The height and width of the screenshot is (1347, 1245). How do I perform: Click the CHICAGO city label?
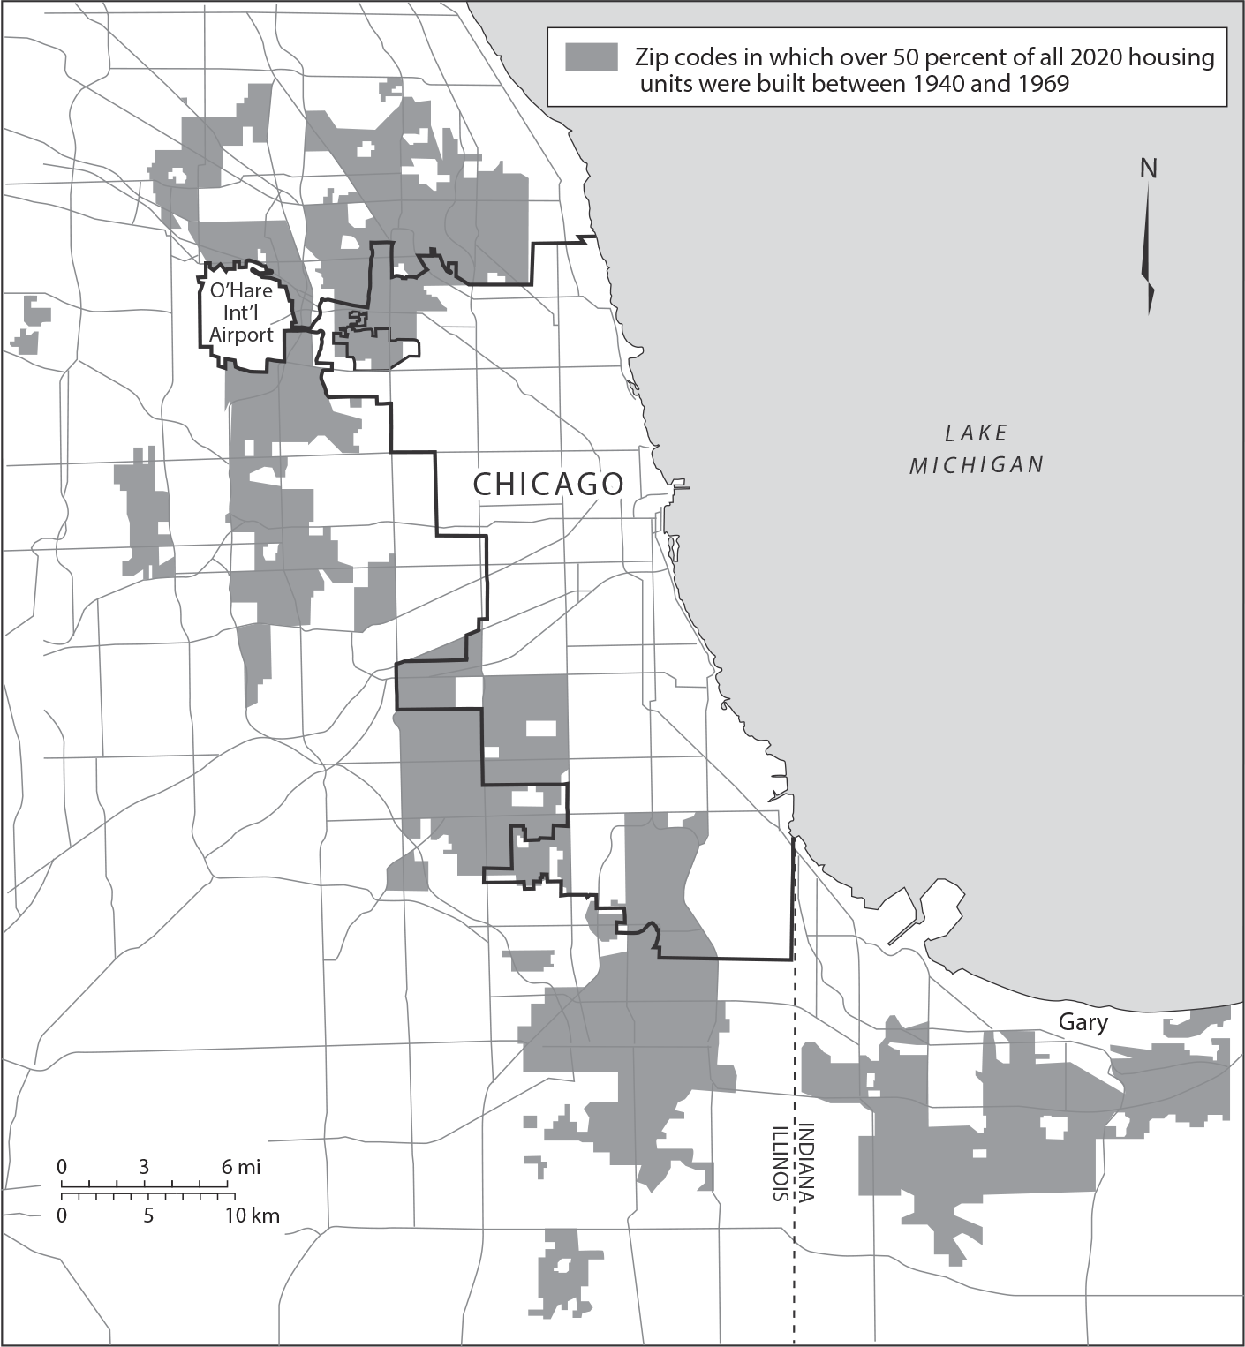point(548,484)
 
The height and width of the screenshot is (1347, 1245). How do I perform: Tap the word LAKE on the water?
point(976,433)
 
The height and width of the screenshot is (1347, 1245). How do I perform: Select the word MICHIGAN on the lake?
point(977,464)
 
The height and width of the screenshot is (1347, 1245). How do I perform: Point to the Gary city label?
point(1083,1022)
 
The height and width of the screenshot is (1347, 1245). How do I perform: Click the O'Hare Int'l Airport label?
point(241,312)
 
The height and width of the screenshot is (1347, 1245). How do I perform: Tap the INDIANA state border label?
point(806,1162)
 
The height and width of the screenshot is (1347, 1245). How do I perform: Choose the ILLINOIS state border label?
point(780,1163)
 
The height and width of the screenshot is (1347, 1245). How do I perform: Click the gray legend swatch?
point(591,56)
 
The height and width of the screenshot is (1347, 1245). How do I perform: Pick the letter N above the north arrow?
point(1148,169)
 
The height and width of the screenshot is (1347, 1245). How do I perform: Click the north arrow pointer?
point(1149,247)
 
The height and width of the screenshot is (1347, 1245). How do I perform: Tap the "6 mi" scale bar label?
point(241,1167)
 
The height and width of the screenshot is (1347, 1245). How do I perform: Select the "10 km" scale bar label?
point(252,1215)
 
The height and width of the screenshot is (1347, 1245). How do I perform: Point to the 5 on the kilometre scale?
point(148,1215)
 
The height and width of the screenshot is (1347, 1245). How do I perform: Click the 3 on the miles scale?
point(144,1167)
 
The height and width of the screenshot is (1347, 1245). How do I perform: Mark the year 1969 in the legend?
point(1043,84)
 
